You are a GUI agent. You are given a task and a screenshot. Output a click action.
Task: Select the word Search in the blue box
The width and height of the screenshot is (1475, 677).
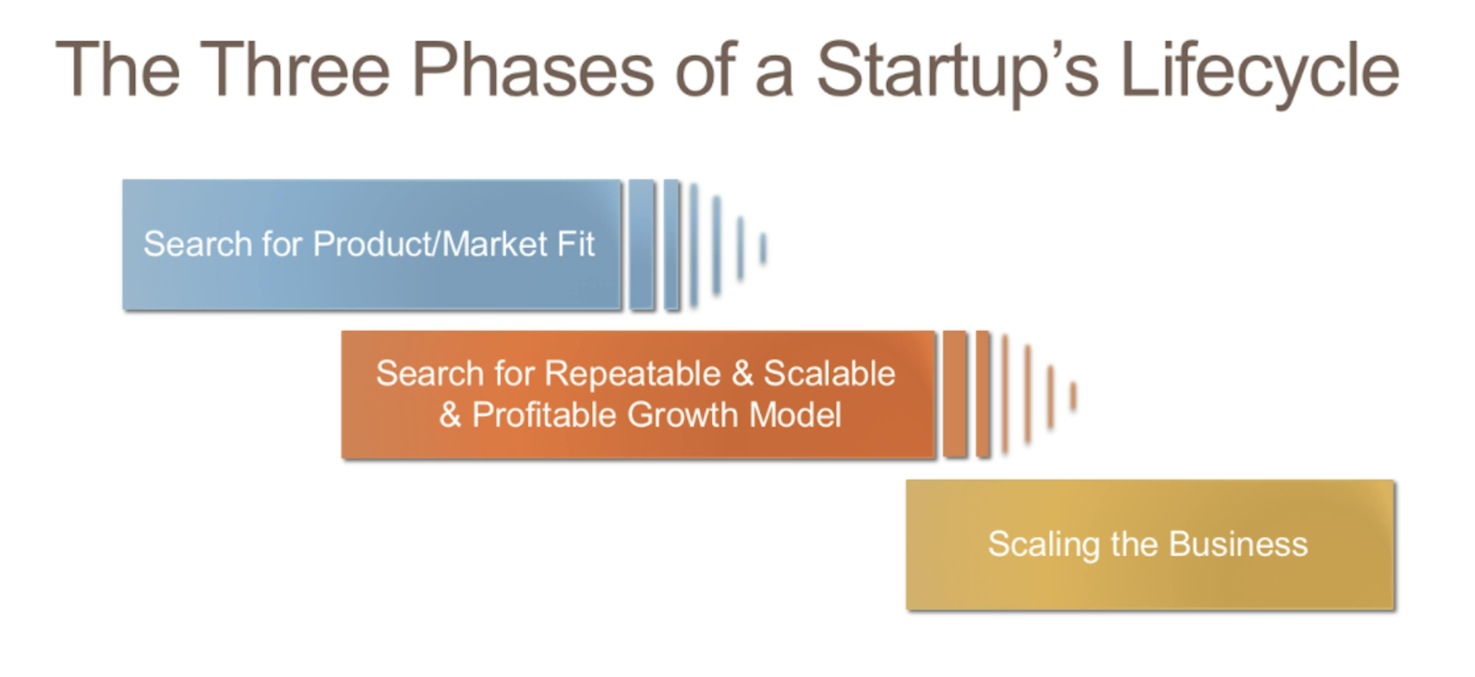[197, 244]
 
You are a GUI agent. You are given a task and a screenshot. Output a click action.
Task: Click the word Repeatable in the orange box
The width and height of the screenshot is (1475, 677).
[632, 374]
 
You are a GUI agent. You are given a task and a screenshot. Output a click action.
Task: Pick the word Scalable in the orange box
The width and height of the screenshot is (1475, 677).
[829, 374]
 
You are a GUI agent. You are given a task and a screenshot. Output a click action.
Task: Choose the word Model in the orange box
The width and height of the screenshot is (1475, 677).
[796, 415]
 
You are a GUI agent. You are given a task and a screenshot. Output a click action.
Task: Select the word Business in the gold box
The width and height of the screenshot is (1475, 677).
[1238, 544]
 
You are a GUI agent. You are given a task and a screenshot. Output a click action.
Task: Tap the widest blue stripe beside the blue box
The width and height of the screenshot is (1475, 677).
[641, 245]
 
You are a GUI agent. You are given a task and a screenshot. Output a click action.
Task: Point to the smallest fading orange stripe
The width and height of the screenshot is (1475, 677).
[1073, 396]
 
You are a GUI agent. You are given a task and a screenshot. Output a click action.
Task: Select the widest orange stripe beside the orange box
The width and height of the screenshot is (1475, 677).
[954, 394]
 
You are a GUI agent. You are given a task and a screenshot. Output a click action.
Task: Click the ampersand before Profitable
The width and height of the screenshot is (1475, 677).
[450, 415]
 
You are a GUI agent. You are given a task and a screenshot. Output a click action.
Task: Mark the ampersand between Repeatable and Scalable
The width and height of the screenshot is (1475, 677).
[742, 374]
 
